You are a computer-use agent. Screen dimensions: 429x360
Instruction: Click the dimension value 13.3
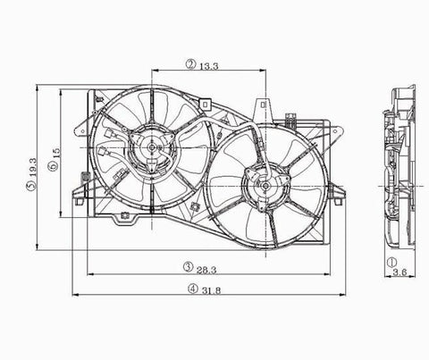click(209, 66)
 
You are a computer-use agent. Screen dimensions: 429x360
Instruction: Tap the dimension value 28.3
click(206, 270)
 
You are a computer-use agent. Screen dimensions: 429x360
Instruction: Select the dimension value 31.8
click(211, 290)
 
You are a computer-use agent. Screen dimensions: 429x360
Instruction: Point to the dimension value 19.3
click(32, 167)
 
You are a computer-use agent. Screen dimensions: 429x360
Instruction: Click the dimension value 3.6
click(400, 272)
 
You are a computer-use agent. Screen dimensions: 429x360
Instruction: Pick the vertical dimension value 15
click(56, 153)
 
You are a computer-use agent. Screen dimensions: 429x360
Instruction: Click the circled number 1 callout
click(391, 263)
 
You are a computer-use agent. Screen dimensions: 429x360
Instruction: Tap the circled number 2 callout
click(190, 64)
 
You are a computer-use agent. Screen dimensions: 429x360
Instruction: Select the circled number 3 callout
click(188, 267)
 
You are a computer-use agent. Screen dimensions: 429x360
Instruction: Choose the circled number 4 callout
click(193, 288)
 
